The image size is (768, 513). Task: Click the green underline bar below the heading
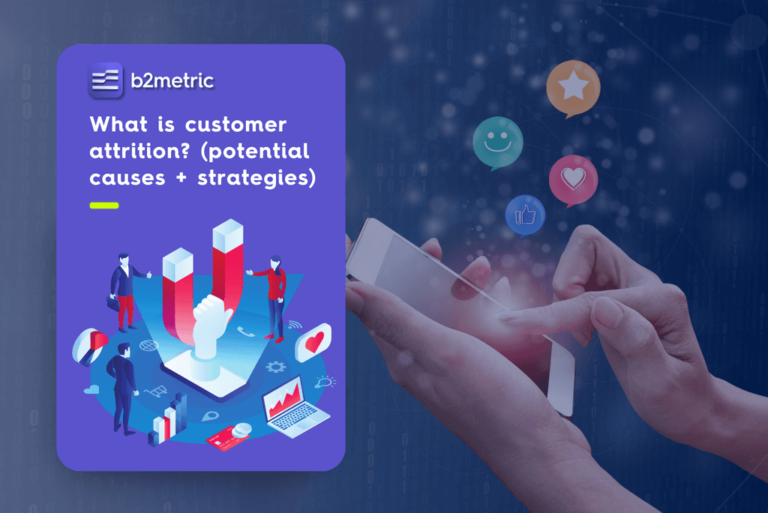(x=103, y=205)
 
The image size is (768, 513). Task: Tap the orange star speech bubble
(x=573, y=87)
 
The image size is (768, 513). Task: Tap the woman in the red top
(x=274, y=296)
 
